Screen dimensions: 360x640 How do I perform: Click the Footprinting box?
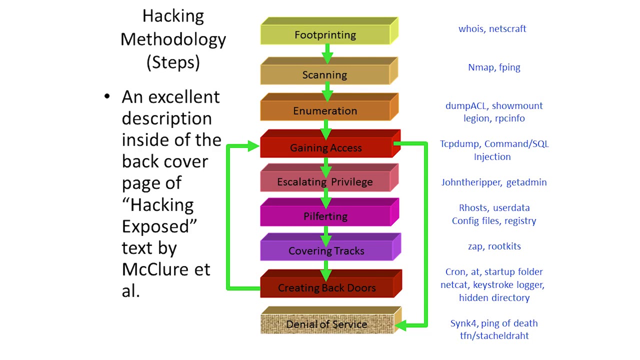pos(325,35)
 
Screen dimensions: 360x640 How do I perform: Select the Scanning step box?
pos(324,75)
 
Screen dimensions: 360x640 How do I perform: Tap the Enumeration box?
pos(325,111)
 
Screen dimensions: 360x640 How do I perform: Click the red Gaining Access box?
pos(325,148)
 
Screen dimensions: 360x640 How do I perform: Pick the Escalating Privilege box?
pos(325,182)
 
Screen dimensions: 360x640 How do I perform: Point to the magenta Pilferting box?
pos(325,216)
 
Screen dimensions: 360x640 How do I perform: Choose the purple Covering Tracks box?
pos(326,251)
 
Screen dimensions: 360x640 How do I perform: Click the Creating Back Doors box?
pos(326,288)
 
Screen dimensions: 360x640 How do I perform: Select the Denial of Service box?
pos(326,324)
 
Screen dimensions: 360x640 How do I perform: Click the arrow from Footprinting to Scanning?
pos(327,52)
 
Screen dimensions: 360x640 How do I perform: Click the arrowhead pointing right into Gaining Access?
pos(253,146)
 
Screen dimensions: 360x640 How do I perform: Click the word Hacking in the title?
pos(173,16)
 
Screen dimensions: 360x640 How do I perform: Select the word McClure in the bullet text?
pos(155,269)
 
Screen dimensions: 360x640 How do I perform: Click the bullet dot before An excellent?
pos(106,96)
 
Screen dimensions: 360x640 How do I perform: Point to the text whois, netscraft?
pos(492,29)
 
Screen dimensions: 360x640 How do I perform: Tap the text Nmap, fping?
pos(494,67)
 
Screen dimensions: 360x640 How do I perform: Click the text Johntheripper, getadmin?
pos(493,182)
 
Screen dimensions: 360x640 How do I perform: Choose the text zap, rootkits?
pos(494,246)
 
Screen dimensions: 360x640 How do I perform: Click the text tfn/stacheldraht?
pos(494,336)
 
